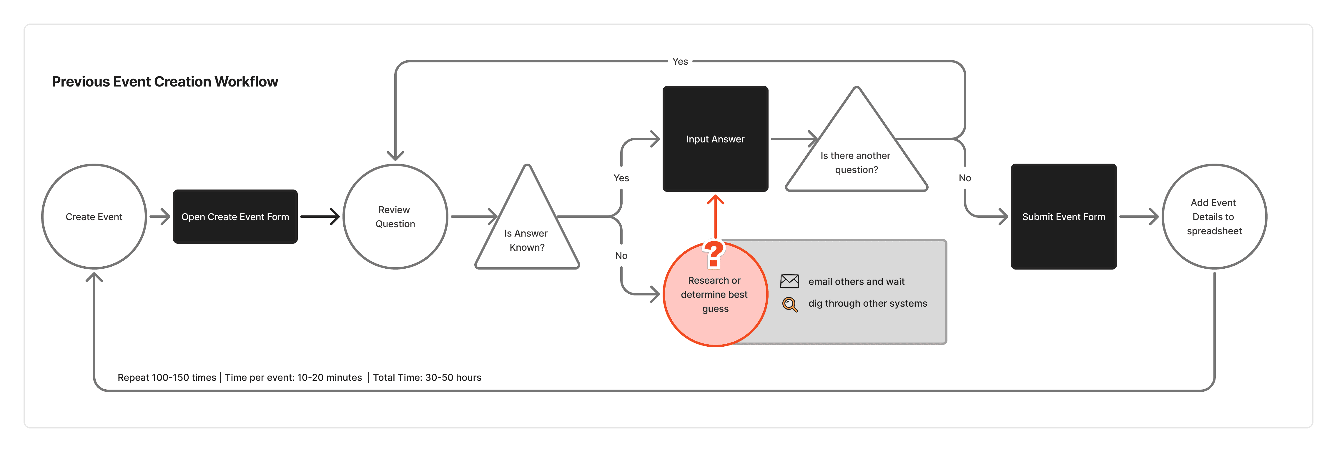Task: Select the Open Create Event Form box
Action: click(x=235, y=216)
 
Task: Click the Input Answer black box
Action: click(x=715, y=139)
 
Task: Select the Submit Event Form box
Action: click(x=1063, y=216)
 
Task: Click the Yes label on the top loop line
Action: click(x=680, y=61)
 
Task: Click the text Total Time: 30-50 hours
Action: click(x=427, y=377)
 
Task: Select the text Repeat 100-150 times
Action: click(x=167, y=377)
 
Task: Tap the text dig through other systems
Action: click(x=867, y=304)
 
